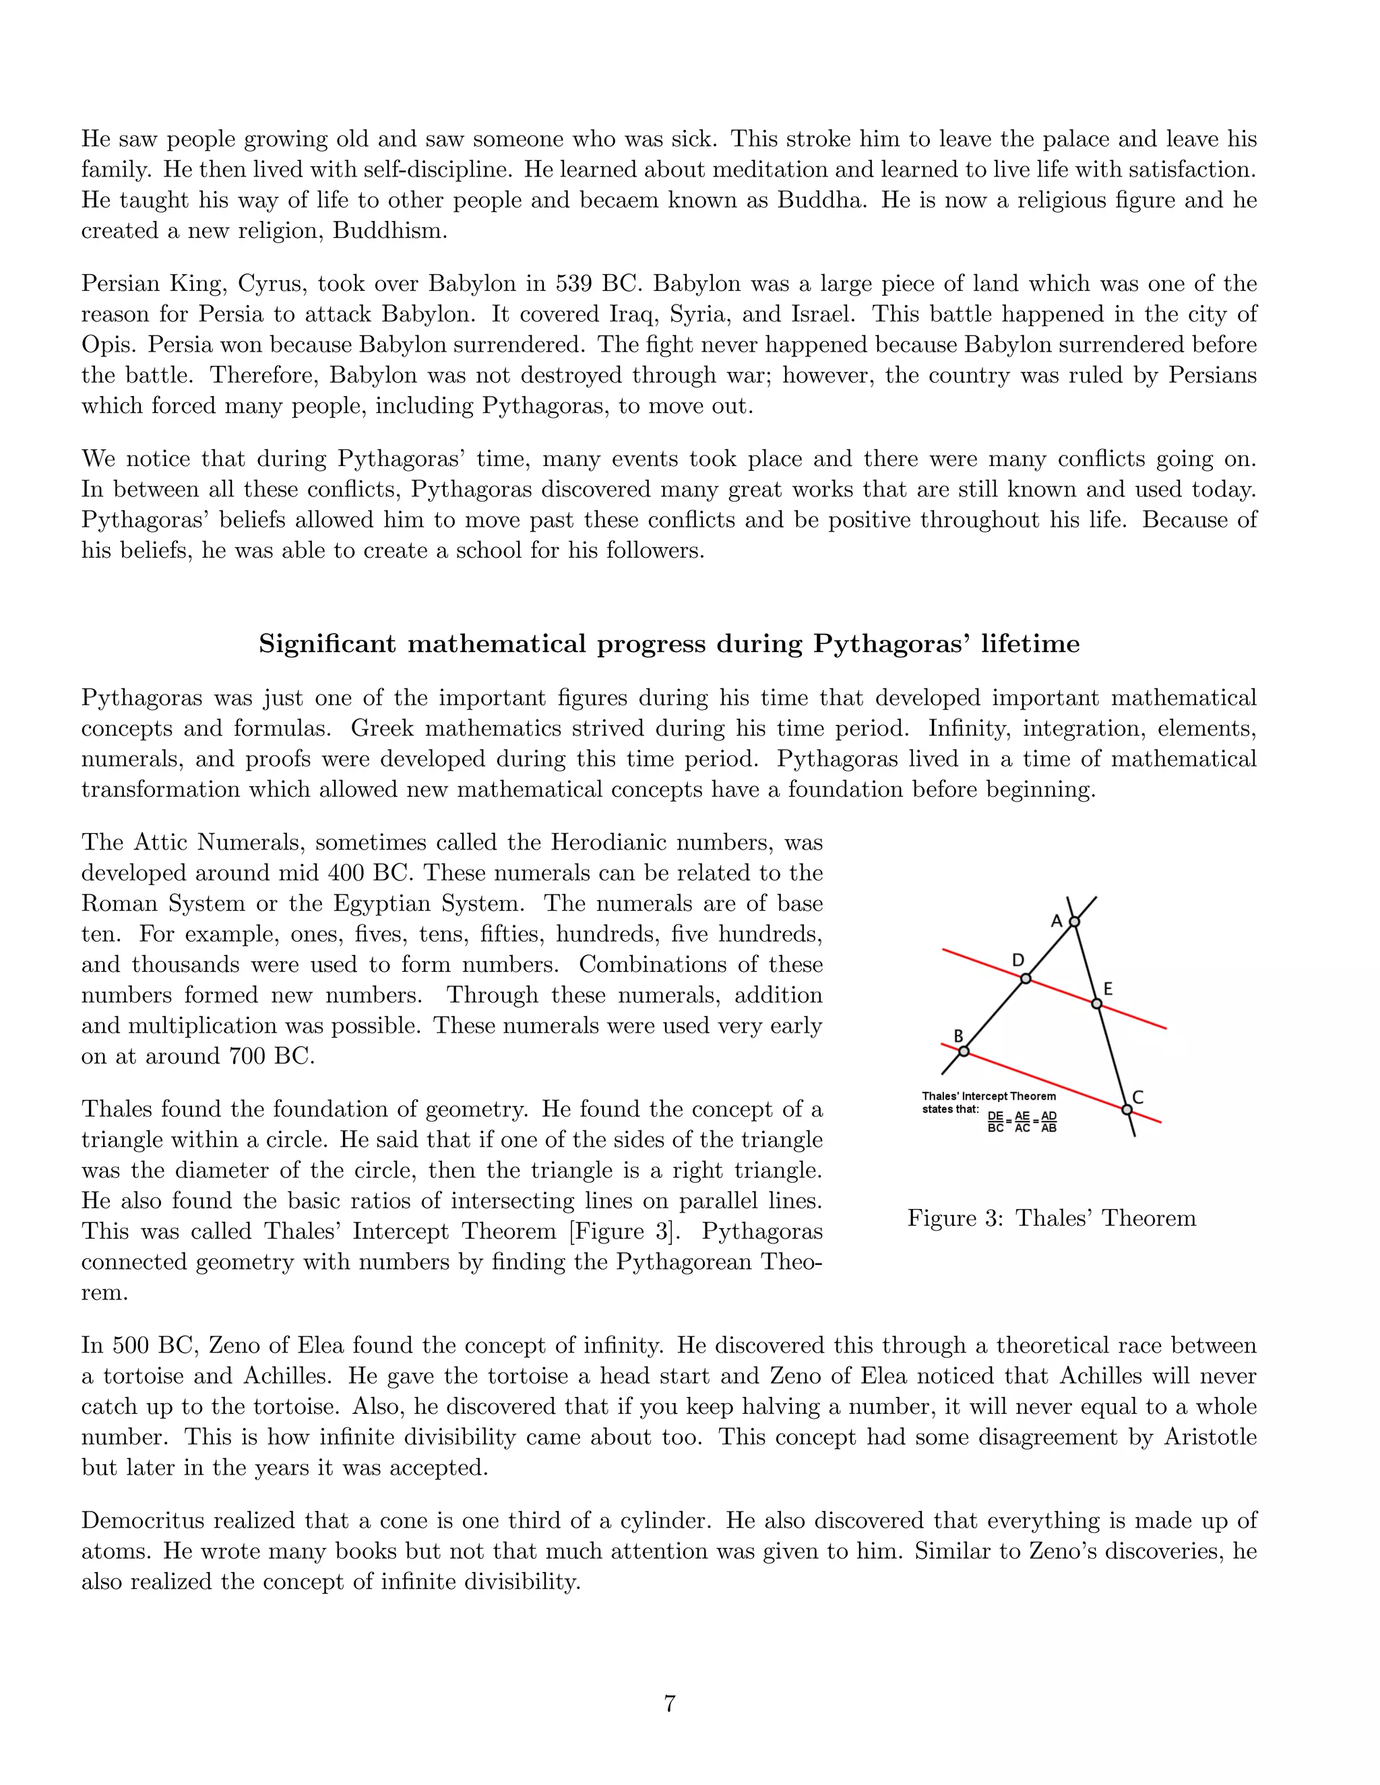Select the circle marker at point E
coord(1097,1004)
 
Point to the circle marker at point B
coord(964,1051)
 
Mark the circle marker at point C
coord(1127,1110)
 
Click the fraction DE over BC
coord(995,1122)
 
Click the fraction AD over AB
coord(1049,1122)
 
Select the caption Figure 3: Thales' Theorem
coord(1051,1218)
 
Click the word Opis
coord(106,345)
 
